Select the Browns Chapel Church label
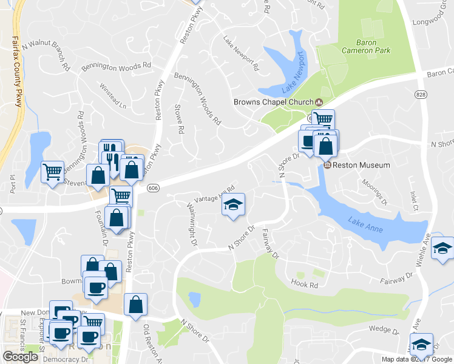pyautogui.click(x=274, y=102)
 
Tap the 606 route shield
pyautogui.click(x=153, y=188)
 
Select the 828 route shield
pyautogui.click(x=421, y=95)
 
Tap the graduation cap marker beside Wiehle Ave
pyautogui.click(x=443, y=248)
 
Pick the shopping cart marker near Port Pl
pyautogui.click(x=52, y=172)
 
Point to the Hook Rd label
pyautogui.click(x=305, y=284)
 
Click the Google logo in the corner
pyautogui.click(x=20, y=357)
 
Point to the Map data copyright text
pyautogui.click(x=416, y=359)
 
